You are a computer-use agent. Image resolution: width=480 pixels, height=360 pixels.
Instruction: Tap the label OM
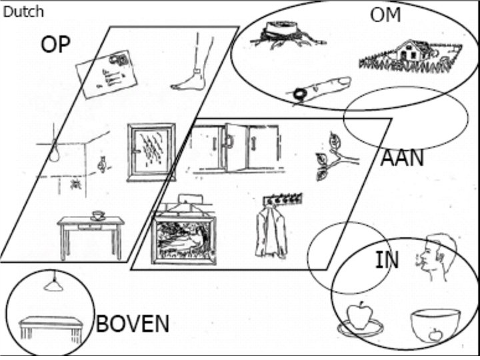coord(386,15)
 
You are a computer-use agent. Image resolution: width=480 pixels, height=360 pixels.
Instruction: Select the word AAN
coord(402,159)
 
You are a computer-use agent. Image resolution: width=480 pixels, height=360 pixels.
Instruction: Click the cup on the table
coord(98,215)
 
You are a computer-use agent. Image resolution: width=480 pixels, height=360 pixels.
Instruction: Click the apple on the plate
coord(360,317)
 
